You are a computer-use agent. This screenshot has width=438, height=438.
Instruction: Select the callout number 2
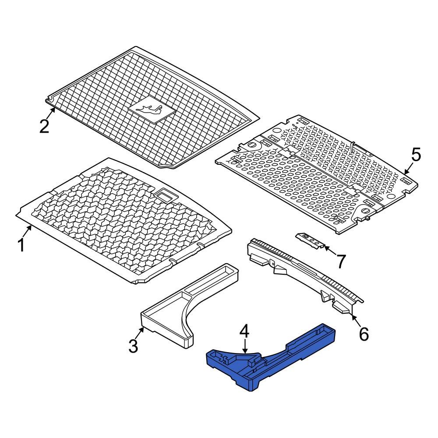(x=44, y=127)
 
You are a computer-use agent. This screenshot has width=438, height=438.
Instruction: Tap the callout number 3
(x=133, y=346)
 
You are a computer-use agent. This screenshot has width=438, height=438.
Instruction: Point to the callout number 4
(x=244, y=332)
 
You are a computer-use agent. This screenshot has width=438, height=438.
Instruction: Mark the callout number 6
(x=364, y=334)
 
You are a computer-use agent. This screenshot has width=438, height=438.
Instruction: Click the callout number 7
(x=340, y=261)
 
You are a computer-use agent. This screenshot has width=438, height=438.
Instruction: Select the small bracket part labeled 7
(x=311, y=240)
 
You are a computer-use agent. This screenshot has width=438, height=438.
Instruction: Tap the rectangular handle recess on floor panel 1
(x=166, y=194)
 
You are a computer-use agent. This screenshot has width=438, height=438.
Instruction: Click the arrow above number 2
(x=52, y=111)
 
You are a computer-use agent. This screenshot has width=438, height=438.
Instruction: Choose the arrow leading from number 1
(x=27, y=230)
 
